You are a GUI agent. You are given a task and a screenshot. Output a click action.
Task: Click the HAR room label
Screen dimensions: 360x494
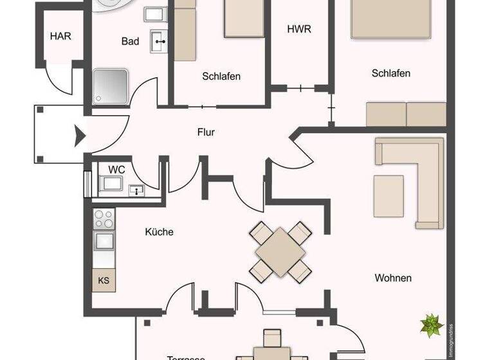pyautogui.click(x=60, y=36)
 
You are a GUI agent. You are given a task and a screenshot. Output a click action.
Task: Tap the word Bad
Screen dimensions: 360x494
pyautogui.click(x=130, y=41)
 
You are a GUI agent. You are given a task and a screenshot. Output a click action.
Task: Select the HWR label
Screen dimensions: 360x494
pyautogui.click(x=299, y=29)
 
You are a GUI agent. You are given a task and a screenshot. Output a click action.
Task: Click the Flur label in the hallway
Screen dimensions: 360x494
pyautogui.click(x=206, y=133)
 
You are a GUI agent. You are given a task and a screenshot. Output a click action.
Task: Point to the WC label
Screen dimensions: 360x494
pyautogui.click(x=116, y=169)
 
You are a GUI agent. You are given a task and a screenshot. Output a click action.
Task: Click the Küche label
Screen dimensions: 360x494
pyautogui.click(x=159, y=231)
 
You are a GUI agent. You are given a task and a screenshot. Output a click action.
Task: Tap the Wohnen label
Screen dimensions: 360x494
pyautogui.click(x=393, y=278)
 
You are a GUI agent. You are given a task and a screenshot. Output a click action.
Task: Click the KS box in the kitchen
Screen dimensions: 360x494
pyautogui.click(x=104, y=280)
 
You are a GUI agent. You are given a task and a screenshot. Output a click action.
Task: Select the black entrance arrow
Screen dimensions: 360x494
pyautogui.click(x=80, y=136)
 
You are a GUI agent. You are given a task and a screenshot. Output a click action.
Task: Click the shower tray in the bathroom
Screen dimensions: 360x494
pyautogui.click(x=111, y=86)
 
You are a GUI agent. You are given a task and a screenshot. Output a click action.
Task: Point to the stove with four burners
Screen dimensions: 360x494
pyautogui.click(x=104, y=219)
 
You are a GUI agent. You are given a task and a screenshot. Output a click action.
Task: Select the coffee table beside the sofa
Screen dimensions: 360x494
pyautogui.click(x=389, y=195)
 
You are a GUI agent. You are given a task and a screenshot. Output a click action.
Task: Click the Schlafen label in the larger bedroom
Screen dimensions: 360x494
pyautogui.click(x=390, y=73)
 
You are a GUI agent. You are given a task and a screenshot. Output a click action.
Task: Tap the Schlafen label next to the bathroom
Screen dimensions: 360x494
pyautogui.click(x=221, y=76)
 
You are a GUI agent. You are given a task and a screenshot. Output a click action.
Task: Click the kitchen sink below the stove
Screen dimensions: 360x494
pyautogui.click(x=104, y=241)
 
